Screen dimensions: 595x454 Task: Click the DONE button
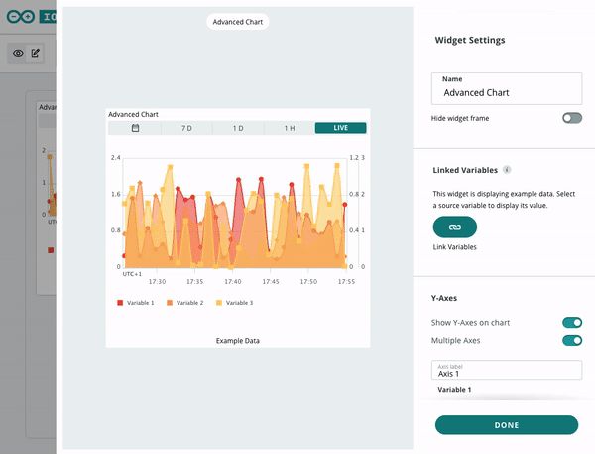coord(507,425)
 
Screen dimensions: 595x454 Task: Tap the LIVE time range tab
coord(340,128)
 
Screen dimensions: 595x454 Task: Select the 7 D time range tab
coord(186,128)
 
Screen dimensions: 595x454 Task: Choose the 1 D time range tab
coord(238,128)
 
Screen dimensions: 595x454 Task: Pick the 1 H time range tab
coord(290,128)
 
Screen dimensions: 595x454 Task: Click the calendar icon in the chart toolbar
coord(135,128)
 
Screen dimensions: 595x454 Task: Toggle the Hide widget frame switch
coord(572,118)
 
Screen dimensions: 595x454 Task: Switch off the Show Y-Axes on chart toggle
coord(572,323)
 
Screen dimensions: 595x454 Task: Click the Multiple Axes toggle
coord(572,340)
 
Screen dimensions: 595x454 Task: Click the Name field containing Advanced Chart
coord(507,88)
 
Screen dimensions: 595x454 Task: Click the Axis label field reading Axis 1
coord(507,370)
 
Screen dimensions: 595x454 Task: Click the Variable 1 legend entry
coord(136,303)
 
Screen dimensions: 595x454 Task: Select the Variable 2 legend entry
coord(184,303)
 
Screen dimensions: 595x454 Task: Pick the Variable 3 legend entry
coord(234,303)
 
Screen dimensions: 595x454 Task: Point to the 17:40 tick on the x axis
coord(233,282)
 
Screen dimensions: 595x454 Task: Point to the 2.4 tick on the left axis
coord(116,157)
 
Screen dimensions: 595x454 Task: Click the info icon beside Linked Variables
coord(507,170)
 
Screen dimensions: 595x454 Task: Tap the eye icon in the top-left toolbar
coord(18,53)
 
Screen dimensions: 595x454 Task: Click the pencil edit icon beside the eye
coord(36,53)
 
